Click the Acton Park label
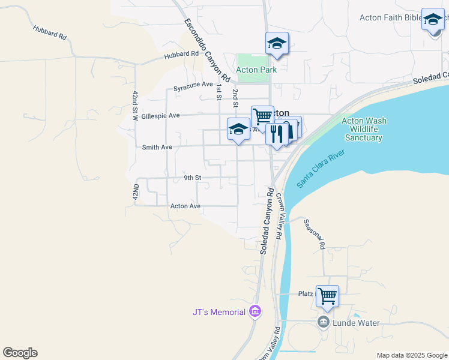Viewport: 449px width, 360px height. pyautogui.click(x=256, y=70)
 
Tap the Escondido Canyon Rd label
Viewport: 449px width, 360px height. pyautogui.click(x=207, y=50)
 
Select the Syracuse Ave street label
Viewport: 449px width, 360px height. pyautogui.click(x=193, y=86)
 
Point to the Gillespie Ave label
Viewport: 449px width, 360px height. pyautogui.click(x=161, y=115)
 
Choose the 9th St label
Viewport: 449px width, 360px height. pyautogui.click(x=192, y=178)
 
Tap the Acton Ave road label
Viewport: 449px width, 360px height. pyautogui.click(x=185, y=206)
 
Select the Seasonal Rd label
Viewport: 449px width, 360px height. pyautogui.click(x=314, y=234)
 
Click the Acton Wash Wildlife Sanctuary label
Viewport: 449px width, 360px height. pyautogui.click(x=364, y=129)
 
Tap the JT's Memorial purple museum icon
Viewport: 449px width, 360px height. pyautogui.click(x=255, y=311)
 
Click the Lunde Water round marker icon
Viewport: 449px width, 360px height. pyautogui.click(x=324, y=323)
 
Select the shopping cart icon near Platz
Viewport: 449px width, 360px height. pyautogui.click(x=327, y=295)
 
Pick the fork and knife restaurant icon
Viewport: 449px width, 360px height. pyautogui.click(x=276, y=134)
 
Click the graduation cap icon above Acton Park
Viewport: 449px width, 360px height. pyautogui.click(x=277, y=43)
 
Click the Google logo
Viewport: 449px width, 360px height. pyautogui.click(x=20, y=353)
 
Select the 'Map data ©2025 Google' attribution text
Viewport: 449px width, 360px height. pyautogui.click(x=412, y=355)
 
